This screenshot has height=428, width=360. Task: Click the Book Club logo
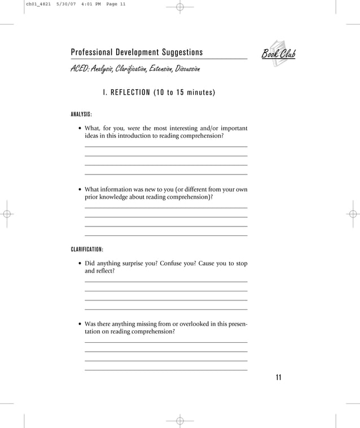pyautogui.click(x=278, y=54)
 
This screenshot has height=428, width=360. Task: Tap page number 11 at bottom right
pyautogui.click(x=278, y=378)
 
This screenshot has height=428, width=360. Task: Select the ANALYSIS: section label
pyautogui.click(x=81, y=115)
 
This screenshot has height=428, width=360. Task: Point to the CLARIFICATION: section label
pyautogui.click(x=87, y=249)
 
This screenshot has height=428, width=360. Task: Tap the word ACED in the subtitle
pyautogui.click(x=78, y=69)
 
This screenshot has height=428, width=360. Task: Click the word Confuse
pyautogui.click(x=173, y=263)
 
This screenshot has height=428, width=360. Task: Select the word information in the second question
pyautogui.click(x=115, y=189)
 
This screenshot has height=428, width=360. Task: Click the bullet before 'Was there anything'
pyautogui.click(x=79, y=324)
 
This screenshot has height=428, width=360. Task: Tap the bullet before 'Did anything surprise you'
pyautogui.click(x=79, y=264)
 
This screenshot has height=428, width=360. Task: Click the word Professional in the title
pyautogui.click(x=92, y=53)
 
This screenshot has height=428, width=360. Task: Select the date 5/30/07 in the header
pyautogui.click(x=65, y=5)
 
